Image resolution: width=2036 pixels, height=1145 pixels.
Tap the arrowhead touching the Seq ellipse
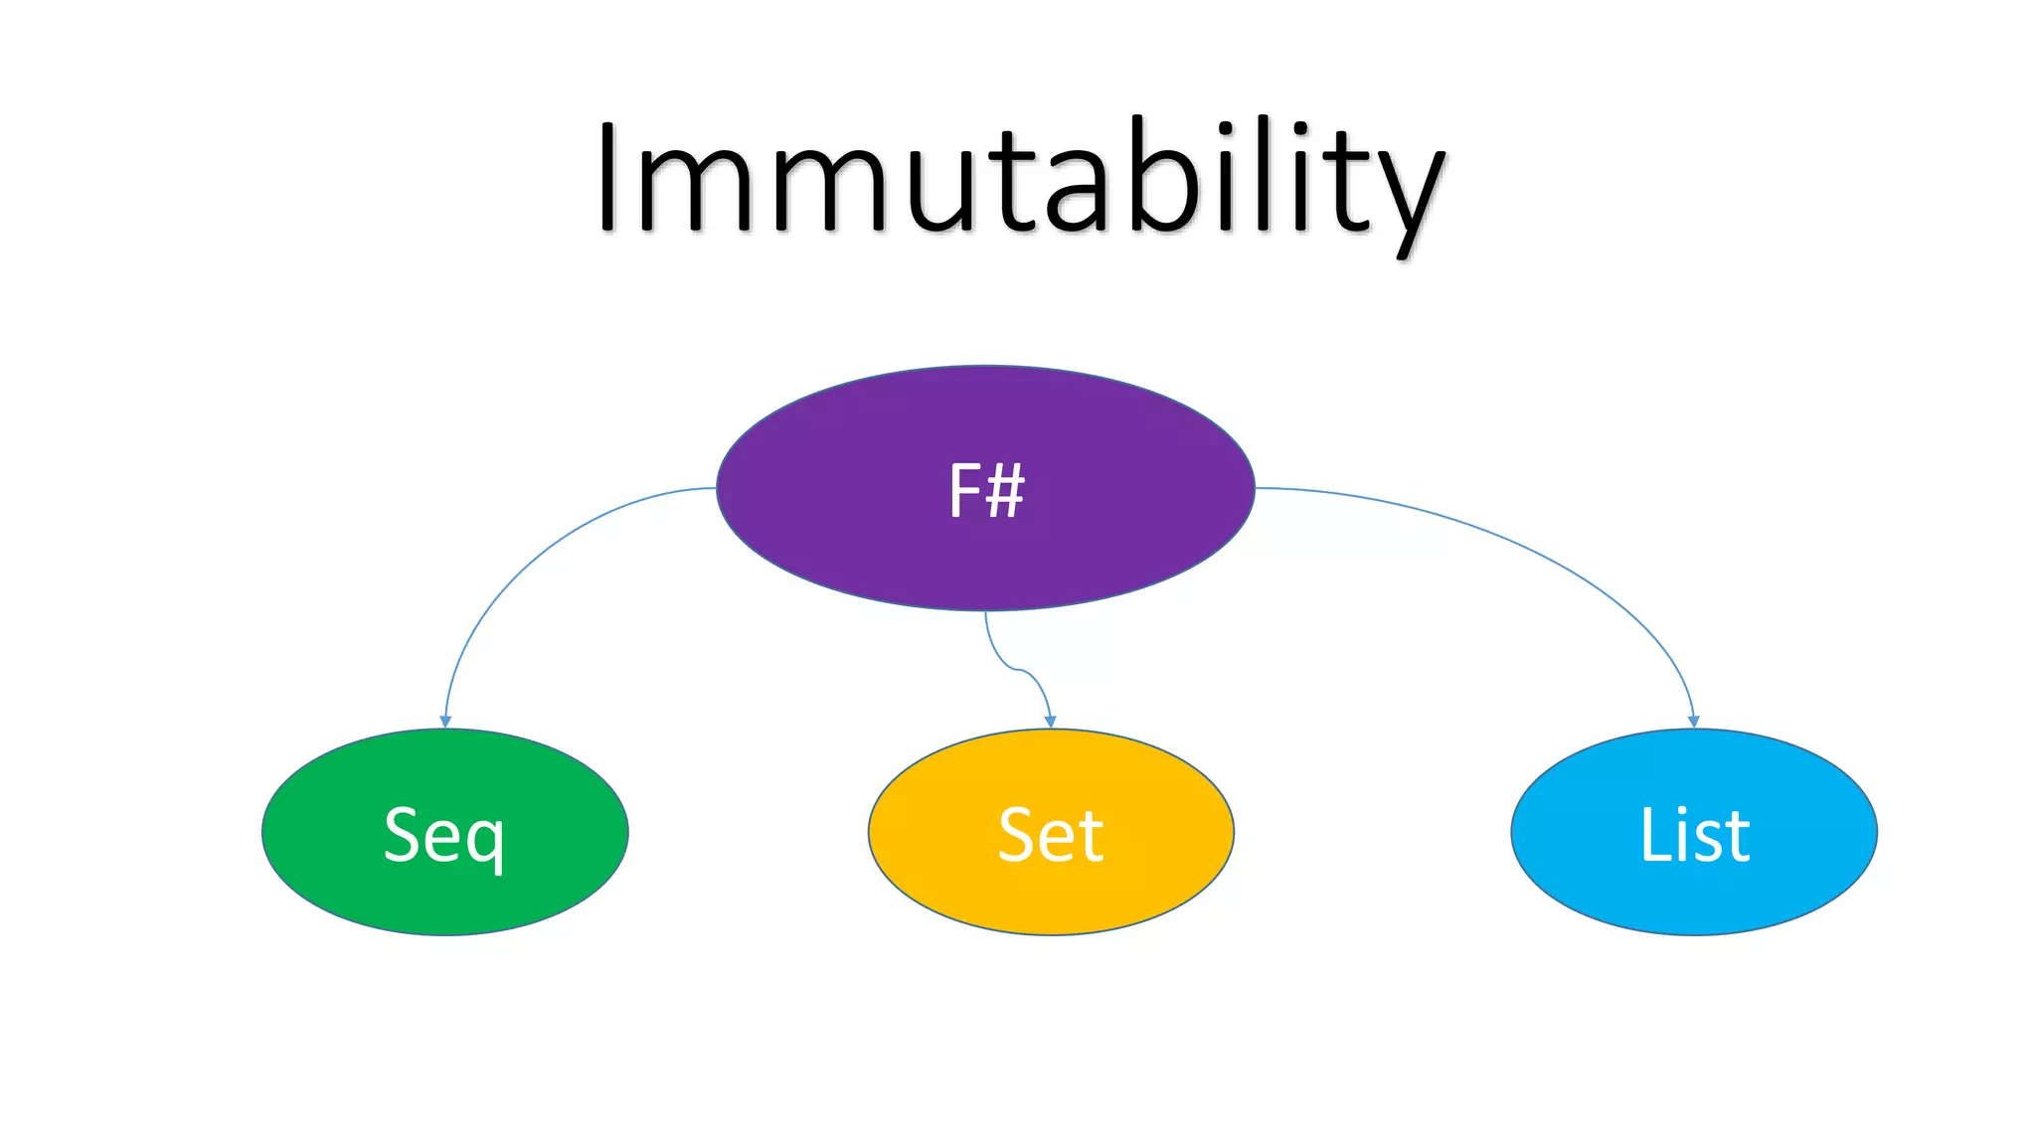tap(445, 722)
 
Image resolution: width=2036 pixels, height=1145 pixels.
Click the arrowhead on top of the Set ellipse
tap(1051, 722)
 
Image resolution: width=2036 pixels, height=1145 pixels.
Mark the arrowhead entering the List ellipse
tap(1694, 722)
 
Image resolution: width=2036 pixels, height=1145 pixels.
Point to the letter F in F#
tap(964, 490)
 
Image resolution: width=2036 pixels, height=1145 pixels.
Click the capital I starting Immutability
tap(608, 177)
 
